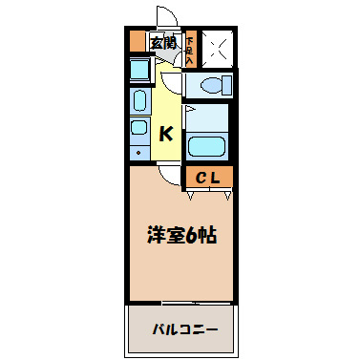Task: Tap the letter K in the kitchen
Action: point(165,134)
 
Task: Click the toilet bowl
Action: point(209,85)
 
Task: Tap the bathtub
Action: point(207,147)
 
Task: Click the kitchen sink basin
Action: point(138,100)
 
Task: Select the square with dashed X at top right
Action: point(214,49)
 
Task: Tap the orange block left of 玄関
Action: point(136,43)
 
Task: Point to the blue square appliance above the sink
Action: point(138,70)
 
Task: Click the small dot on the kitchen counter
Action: point(139,151)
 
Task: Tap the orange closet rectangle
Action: point(209,177)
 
